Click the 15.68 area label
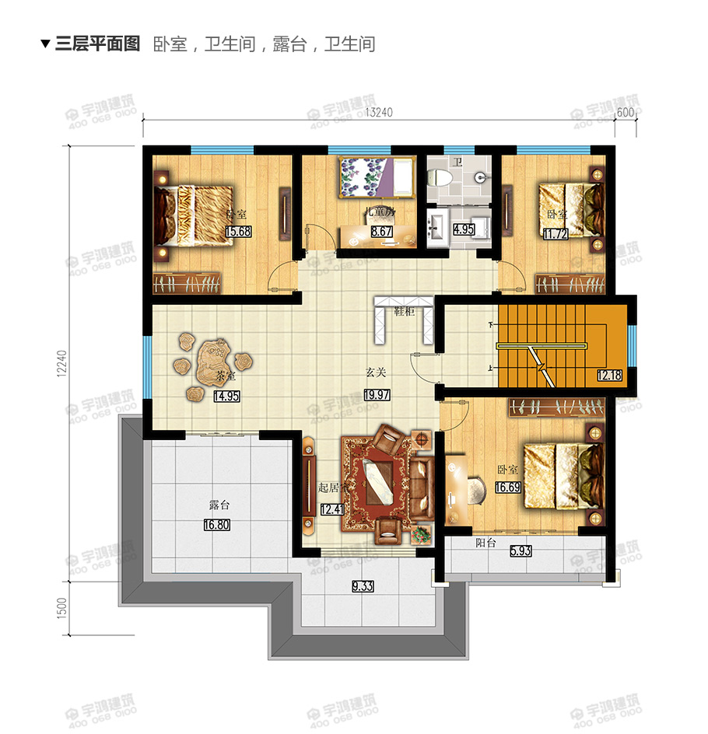[238, 231]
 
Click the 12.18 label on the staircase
[610, 376]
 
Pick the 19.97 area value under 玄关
[377, 395]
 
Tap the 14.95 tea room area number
[226, 395]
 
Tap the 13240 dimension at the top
[379, 112]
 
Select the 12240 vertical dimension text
[61, 363]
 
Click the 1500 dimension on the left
[61, 607]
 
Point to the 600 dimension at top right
[626, 112]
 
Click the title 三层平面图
[98, 44]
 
